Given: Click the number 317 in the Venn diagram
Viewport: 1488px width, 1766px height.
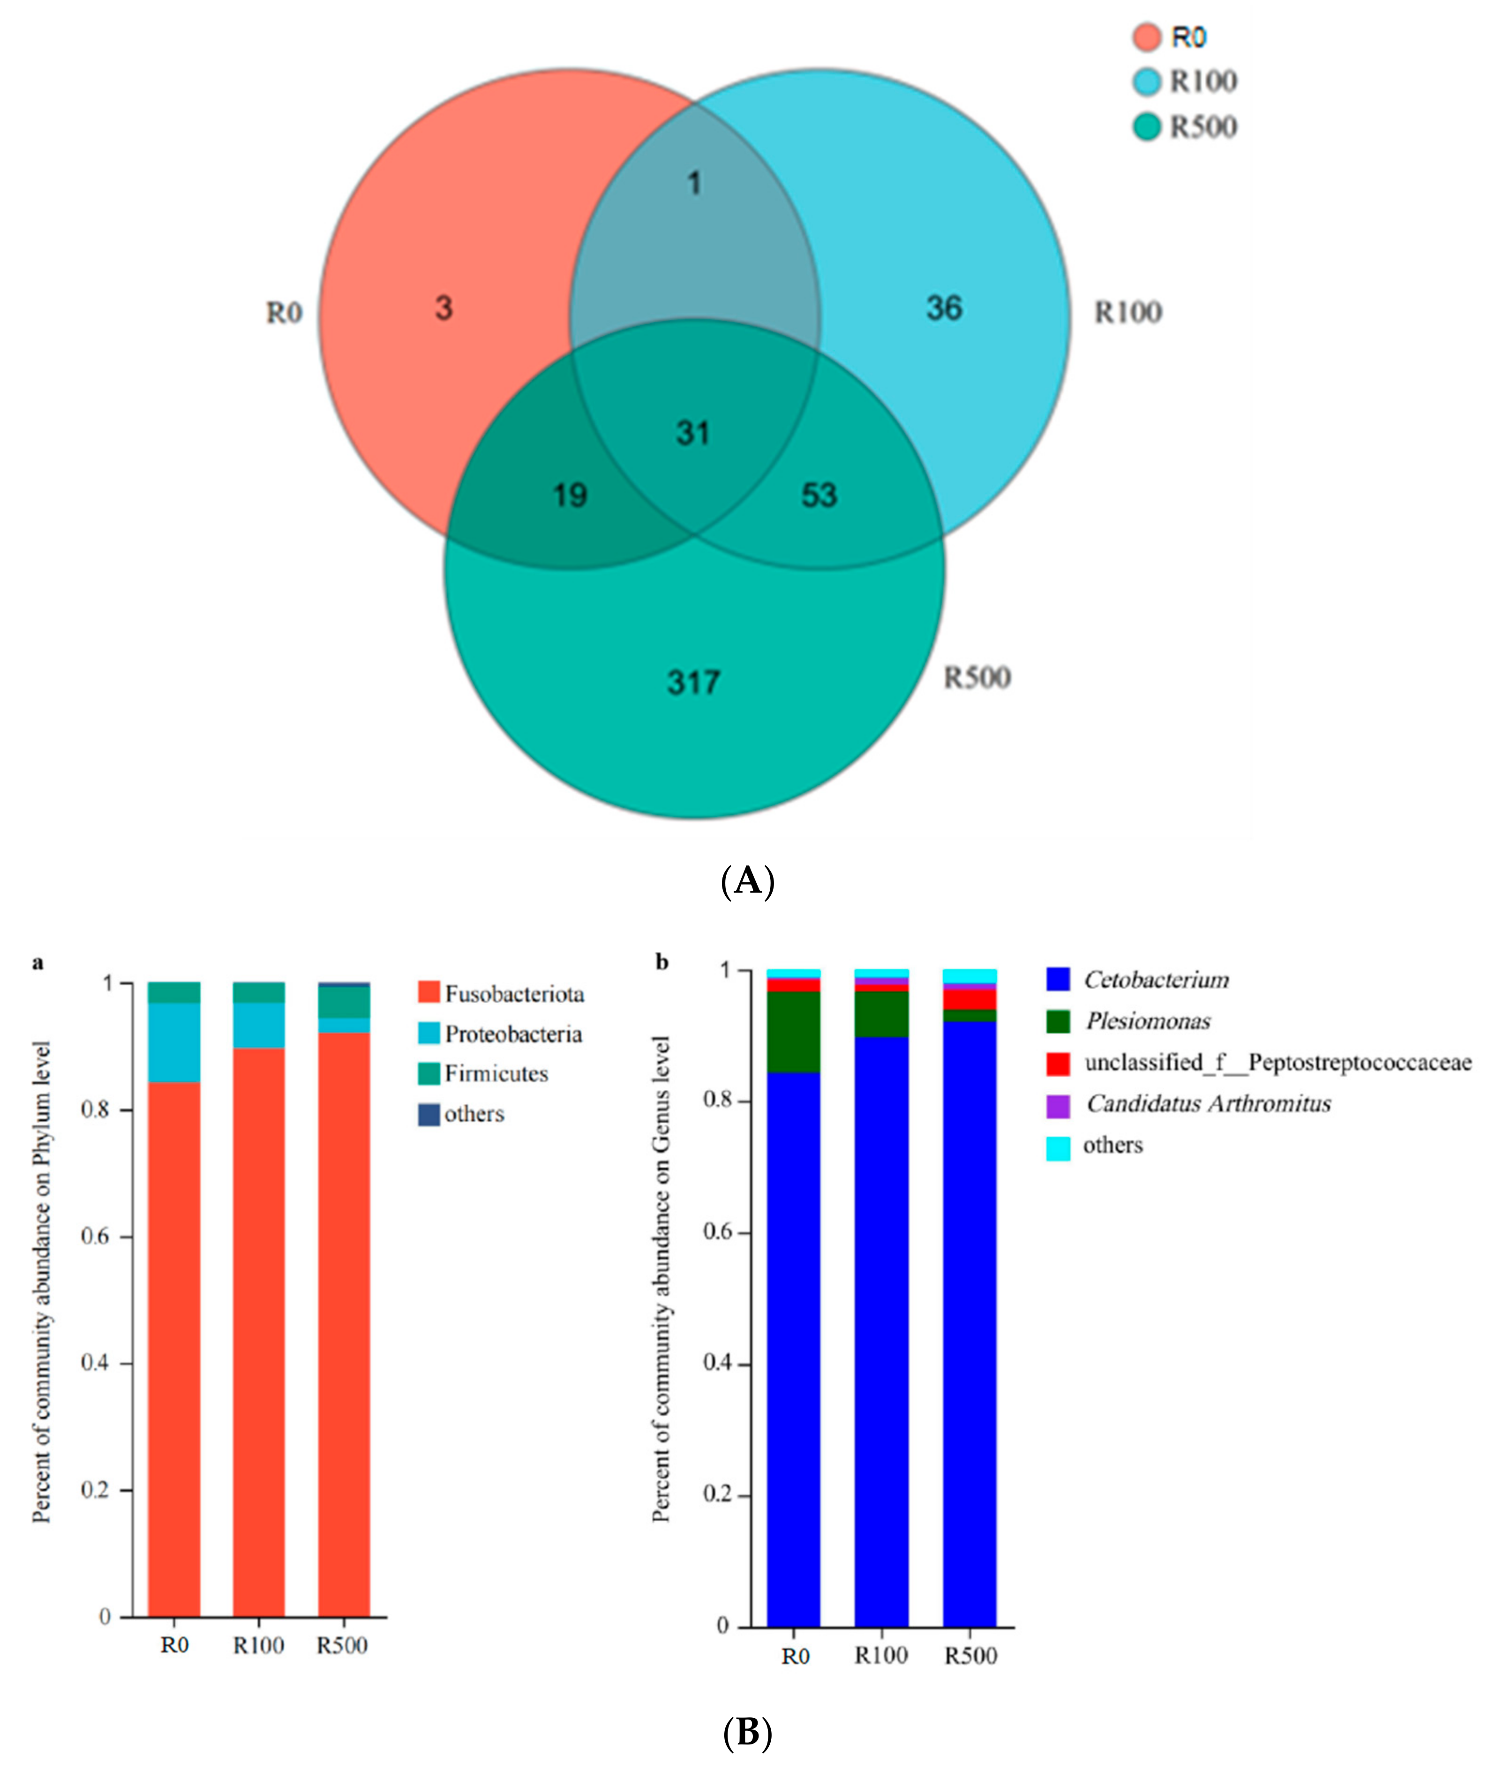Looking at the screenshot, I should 693,682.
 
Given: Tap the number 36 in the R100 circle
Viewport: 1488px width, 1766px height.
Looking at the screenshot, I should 944,308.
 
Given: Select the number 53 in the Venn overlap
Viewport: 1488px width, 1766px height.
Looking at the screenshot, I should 819,495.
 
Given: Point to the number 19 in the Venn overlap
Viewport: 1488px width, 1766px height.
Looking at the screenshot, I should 570,495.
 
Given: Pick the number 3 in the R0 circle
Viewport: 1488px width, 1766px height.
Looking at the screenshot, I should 443,308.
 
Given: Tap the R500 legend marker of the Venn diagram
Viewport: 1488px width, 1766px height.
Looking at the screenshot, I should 1146,128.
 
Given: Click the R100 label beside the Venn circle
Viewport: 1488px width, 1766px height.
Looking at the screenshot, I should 1128,313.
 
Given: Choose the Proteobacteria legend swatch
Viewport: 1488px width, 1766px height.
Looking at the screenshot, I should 429,1034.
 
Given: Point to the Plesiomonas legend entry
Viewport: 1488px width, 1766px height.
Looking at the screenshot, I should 1147,1022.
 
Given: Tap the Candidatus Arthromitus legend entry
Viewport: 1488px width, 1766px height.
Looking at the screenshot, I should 1208,1104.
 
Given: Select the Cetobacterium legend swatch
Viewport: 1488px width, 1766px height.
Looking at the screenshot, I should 1058,980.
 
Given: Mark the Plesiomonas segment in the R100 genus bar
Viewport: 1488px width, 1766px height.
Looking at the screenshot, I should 881,1014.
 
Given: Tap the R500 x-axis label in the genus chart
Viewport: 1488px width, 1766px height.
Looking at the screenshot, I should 970,1655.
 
